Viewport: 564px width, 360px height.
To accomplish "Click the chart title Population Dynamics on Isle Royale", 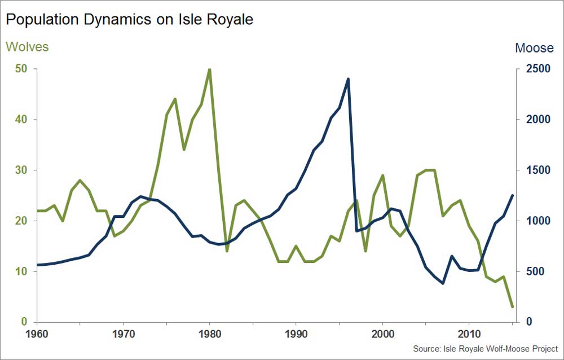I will [129, 20].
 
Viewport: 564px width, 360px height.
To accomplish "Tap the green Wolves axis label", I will [27, 47].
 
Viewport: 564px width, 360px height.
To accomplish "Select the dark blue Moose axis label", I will [534, 48].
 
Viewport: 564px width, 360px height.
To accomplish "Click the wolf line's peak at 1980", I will [210, 69].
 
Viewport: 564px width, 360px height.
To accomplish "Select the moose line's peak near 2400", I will [348, 79].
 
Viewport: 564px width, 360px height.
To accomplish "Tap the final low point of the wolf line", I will [512, 307].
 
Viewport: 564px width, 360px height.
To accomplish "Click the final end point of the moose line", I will [512, 195].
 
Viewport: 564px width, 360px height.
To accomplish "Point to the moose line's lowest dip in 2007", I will [443, 283].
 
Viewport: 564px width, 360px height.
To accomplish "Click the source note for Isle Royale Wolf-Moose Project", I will [485, 348].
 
